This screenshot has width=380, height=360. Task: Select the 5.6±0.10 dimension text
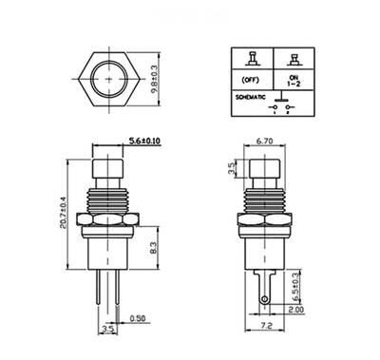(x=142, y=142)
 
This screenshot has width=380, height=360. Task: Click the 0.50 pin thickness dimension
(x=139, y=319)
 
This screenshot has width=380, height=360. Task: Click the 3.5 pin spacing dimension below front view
(x=107, y=330)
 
